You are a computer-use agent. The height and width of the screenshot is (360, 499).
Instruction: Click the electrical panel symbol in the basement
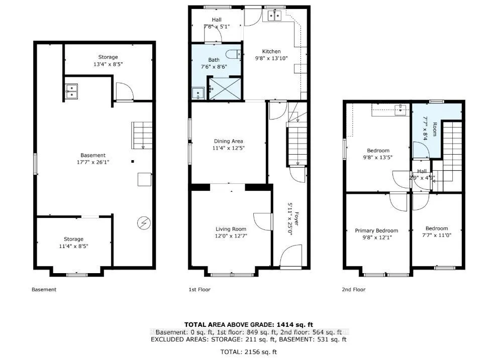[x=144, y=223]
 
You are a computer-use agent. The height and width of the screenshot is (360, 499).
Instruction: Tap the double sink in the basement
[x=71, y=91]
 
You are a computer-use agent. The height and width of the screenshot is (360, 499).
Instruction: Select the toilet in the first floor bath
[x=234, y=54]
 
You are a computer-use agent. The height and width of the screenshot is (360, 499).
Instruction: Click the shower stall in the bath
[x=225, y=88]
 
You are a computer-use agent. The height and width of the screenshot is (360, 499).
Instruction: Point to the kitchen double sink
[x=274, y=15]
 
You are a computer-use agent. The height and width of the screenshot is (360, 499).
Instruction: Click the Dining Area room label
[x=229, y=141]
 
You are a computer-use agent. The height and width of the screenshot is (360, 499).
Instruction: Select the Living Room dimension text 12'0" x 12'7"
[x=231, y=236]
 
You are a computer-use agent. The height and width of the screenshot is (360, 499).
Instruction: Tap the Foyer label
[x=297, y=219]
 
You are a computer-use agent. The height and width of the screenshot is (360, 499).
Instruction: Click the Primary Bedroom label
[x=376, y=230]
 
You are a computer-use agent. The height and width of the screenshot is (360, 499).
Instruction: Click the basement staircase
[x=142, y=135]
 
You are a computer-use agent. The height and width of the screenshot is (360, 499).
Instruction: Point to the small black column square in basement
[x=133, y=162]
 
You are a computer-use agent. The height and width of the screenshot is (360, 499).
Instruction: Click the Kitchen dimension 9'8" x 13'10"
[x=271, y=58]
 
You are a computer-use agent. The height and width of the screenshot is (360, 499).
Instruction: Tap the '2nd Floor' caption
[x=354, y=289]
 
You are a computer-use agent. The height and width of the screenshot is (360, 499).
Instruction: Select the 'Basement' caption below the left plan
[x=44, y=289]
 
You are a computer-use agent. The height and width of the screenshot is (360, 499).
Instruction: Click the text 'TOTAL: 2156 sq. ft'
[x=249, y=352]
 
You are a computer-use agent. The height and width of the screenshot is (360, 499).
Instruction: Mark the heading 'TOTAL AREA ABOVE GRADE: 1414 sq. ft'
[x=249, y=325]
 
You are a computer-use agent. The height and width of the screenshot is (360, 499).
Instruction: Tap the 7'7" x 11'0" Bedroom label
[x=437, y=228]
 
